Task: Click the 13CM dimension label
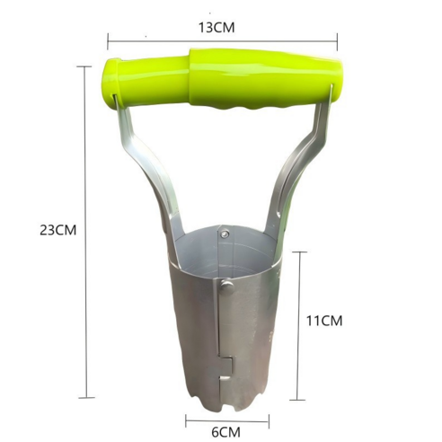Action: click(217, 28)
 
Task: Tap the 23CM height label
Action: click(58, 230)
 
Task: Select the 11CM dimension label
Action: click(324, 321)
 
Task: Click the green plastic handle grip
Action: click(222, 78)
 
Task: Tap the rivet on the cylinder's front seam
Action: click(227, 287)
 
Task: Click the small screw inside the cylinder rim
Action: click(224, 234)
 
